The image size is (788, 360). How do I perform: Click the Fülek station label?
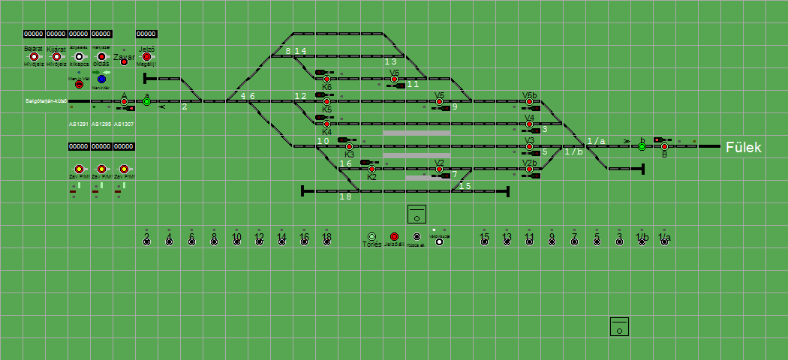[x=743, y=148]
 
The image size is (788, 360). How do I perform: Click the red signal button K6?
[x=326, y=79]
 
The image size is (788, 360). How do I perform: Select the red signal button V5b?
[x=529, y=101]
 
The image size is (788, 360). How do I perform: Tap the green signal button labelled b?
[x=642, y=146]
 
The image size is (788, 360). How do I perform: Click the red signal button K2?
[x=371, y=169]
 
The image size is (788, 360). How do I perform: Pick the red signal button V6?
[x=394, y=79]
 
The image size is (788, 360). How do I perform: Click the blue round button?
[x=101, y=79]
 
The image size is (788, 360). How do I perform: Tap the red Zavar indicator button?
[x=124, y=61]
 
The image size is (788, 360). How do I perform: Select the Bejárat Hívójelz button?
[x=34, y=56]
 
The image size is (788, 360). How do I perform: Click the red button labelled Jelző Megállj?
[x=146, y=56]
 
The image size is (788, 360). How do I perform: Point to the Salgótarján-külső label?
[x=46, y=100]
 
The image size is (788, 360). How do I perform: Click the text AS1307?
[x=124, y=124]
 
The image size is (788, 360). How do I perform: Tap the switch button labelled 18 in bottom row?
[x=326, y=241]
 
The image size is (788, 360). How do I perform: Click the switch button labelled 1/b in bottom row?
[x=642, y=241]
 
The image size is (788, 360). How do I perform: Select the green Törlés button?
[x=371, y=236]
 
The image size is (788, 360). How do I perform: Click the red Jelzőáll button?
[x=394, y=236]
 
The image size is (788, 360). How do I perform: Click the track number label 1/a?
[x=596, y=141]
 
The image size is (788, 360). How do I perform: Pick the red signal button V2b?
[x=529, y=169]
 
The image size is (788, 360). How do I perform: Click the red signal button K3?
[x=349, y=146]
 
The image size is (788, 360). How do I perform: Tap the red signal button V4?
[x=529, y=124]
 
